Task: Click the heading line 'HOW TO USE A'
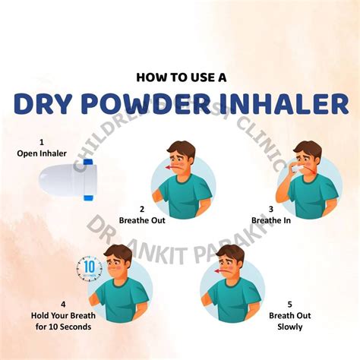(x=180, y=77)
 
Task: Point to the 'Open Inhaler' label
(x=42, y=153)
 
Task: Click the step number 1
(x=42, y=141)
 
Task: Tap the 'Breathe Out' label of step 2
(x=142, y=220)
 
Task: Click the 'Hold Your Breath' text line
(x=52, y=316)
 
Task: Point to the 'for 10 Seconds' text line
(x=52, y=327)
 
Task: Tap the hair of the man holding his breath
(x=118, y=253)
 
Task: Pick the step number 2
(x=142, y=209)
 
